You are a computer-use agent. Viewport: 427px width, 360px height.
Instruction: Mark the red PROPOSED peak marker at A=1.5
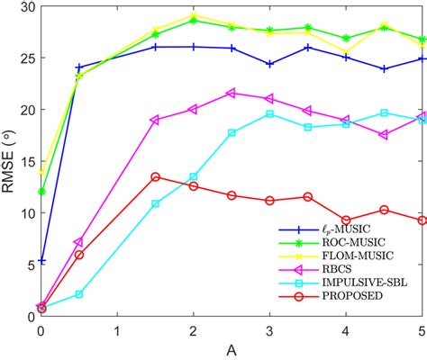[x=155, y=177]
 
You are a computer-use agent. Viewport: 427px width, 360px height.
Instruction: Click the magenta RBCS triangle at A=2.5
[x=232, y=93]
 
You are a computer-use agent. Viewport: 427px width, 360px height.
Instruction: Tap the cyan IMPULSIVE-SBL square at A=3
[x=269, y=114]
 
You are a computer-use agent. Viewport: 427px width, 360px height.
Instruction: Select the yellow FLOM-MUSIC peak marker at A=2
[x=194, y=15]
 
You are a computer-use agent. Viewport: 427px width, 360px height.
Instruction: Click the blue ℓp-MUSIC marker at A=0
[x=41, y=260]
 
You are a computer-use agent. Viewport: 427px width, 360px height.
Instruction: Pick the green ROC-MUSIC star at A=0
[x=41, y=192]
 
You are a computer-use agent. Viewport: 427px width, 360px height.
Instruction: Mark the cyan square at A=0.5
[x=79, y=294]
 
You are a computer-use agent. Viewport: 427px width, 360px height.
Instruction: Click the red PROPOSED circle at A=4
[x=346, y=220]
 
